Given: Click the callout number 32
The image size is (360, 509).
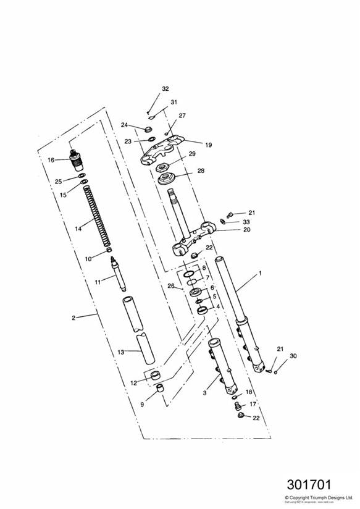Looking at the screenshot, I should [165, 89].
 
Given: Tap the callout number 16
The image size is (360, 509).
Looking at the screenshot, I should [51, 160].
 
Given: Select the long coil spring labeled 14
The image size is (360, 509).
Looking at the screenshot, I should [98, 216].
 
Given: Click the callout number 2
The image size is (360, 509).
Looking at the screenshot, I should [73, 318].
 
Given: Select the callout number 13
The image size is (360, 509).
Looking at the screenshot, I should [121, 351].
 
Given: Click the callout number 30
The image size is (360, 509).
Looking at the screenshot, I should [293, 356].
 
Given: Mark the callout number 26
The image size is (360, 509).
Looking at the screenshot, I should [171, 285].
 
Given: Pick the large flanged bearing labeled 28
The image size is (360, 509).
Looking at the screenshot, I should [167, 180].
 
